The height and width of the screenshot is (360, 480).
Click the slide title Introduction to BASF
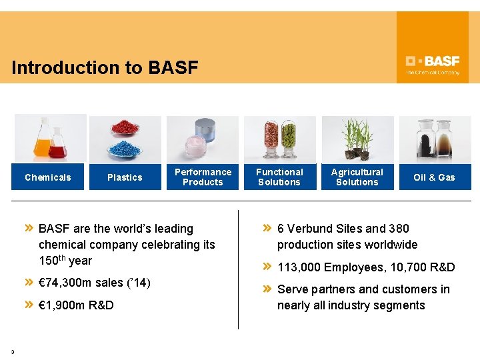point(105,68)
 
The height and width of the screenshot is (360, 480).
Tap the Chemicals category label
point(47,177)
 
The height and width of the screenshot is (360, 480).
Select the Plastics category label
point(125,177)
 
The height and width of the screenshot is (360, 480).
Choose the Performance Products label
point(203,177)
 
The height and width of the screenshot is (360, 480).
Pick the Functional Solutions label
point(279,177)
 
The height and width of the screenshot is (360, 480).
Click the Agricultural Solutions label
point(357,177)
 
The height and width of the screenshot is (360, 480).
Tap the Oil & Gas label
point(434,177)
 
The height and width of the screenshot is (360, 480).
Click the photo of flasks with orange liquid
point(50,138)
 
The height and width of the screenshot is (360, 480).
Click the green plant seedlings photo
point(357,139)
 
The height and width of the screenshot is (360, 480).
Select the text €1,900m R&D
point(76,305)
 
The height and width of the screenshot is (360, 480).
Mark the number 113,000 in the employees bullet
point(299,267)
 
